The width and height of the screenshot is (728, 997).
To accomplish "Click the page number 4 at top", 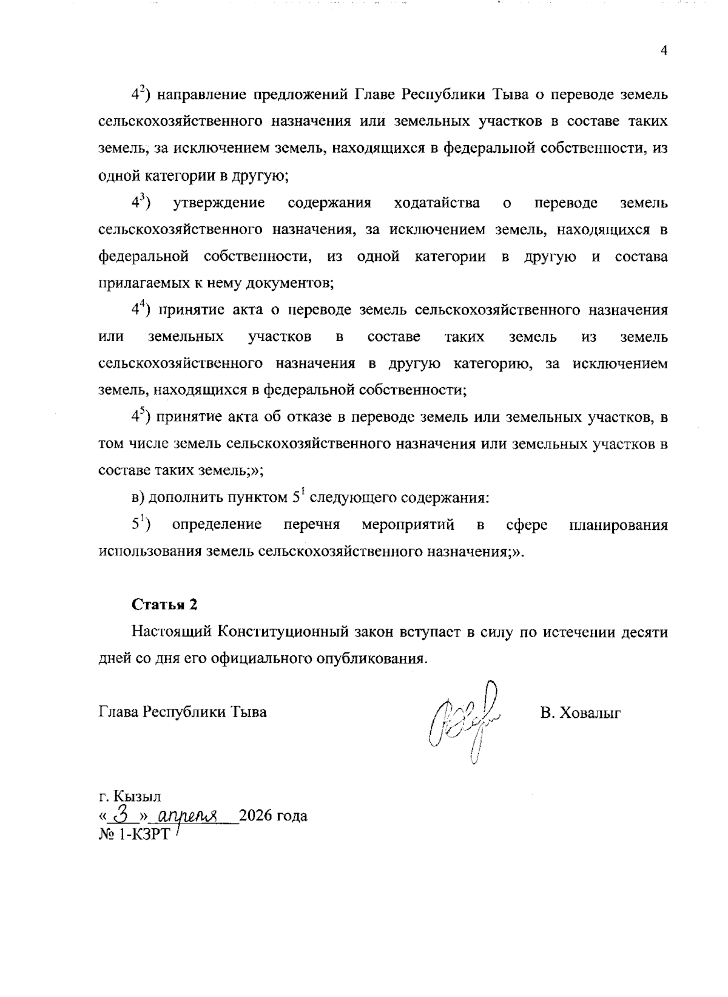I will (664, 51).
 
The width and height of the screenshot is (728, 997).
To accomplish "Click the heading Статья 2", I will (164, 605).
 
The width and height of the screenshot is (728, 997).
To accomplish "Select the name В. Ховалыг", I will (581, 712).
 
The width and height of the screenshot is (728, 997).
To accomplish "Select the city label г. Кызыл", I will (129, 796).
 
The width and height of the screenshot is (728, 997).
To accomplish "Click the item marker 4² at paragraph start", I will (141, 95).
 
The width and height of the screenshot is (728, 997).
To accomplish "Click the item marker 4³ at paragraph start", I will (141, 203).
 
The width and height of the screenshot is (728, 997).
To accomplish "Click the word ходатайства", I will (437, 203).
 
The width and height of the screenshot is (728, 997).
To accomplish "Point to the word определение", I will (217, 525).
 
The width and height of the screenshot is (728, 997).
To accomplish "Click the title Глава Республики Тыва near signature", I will (182, 712).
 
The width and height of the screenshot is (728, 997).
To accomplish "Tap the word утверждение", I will (219, 203).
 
